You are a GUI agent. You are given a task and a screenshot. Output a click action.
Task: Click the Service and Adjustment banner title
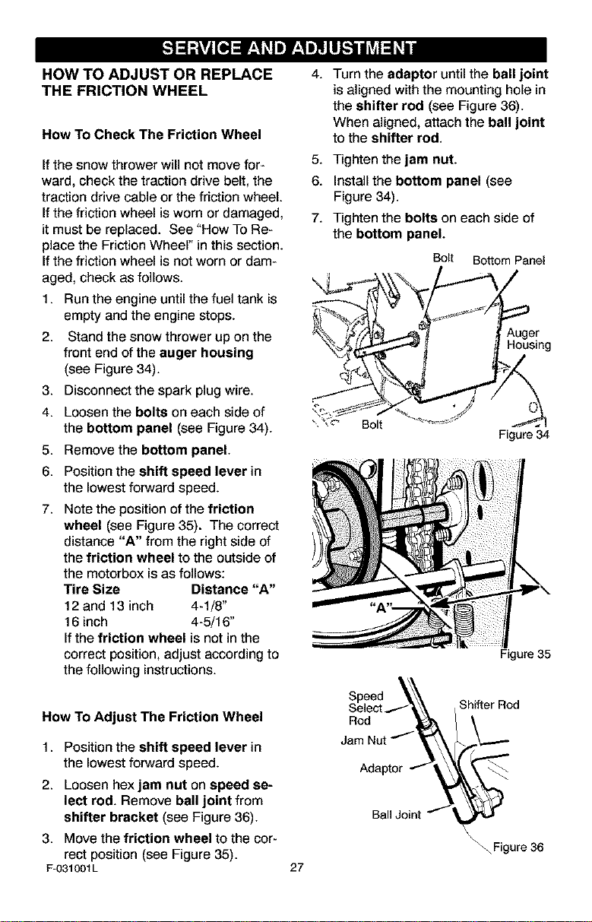[x=290, y=49]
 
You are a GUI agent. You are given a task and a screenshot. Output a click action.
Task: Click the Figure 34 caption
[x=524, y=434]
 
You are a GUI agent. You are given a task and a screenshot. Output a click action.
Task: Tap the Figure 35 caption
[x=525, y=654]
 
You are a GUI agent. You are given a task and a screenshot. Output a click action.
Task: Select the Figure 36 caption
[x=518, y=847]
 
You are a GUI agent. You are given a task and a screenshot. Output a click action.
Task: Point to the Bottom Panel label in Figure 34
[x=509, y=261]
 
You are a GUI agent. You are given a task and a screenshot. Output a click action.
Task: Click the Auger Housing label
[x=529, y=339]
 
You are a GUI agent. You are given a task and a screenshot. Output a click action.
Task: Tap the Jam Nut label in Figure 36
[x=364, y=740]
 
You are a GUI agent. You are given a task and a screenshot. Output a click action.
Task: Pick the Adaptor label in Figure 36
[x=381, y=768]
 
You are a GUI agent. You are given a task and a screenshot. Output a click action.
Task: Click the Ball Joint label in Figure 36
[x=396, y=815]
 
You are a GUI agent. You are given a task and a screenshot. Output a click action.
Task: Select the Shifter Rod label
[x=489, y=705]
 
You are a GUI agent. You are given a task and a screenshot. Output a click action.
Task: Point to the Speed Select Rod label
[x=366, y=708]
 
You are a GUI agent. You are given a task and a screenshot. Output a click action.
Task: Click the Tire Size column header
[x=92, y=589]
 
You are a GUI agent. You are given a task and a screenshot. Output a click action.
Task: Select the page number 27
[x=296, y=868]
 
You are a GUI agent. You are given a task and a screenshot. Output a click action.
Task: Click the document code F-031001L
[x=71, y=869]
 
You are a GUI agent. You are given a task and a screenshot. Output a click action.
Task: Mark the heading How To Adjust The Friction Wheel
[x=152, y=717]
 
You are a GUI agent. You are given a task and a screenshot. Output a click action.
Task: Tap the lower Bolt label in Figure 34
[x=372, y=424]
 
